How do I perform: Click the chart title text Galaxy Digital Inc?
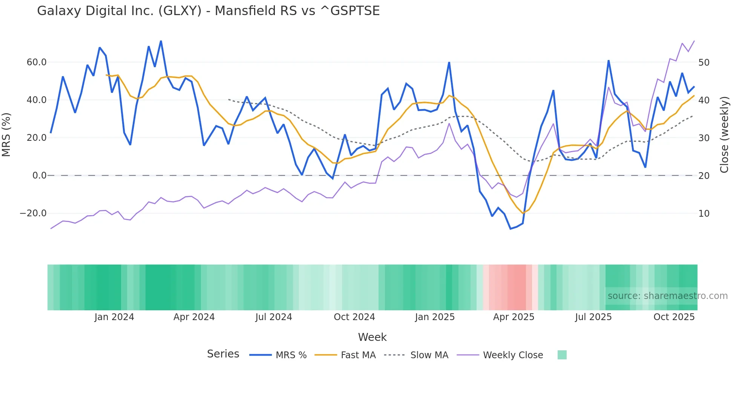pyautogui.click(x=208, y=11)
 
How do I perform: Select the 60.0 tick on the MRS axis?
pyautogui.click(x=37, y=62)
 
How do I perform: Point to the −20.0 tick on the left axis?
pyautogui.click(x=33, y=213)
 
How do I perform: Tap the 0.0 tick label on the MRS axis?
pyautogui.click(x=39, y=176)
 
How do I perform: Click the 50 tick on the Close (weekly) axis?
pyautogui.click(x=704, y=62)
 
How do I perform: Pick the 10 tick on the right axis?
pyautogui.click(x=704, y=213)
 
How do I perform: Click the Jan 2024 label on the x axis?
pyautogui.click(x=114, y=317)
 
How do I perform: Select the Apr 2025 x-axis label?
pyautogui.click(x=514, y=317)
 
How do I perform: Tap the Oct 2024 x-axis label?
pyautogui.click(x=354, y=317)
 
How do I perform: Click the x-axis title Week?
pyautogui.click(x=372, y=337)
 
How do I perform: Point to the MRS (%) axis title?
pyautogui.click(x=6, y=134)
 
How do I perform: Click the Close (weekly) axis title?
pyautogui.click(x=724, y=134)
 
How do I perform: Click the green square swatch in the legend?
pyautogui.click(x=562, y=355)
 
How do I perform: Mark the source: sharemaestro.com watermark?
pyautogui.click(x=667, y=296)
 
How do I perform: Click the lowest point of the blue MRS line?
pyautogui.click(x=511, y=229)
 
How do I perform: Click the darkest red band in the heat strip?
pyautogui.click(x=517, y=287)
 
